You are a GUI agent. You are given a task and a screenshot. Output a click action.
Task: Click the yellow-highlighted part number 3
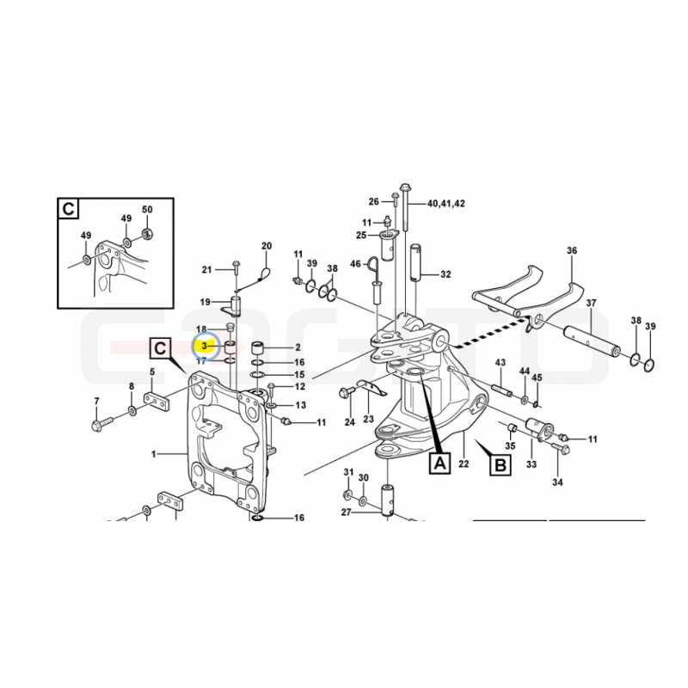[204, 347]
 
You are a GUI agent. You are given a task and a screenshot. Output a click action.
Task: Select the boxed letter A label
[439, 463]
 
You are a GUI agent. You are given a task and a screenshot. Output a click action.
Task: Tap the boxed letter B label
[501, 464]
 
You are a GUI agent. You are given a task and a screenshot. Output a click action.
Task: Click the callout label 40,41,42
[446, 204]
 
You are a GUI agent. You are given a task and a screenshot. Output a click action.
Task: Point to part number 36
[572, 250]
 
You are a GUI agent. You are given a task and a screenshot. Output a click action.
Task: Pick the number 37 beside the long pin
[591, 303]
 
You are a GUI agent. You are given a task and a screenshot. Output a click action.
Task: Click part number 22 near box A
[464, 464]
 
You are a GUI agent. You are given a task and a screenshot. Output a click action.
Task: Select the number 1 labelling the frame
[154, 454]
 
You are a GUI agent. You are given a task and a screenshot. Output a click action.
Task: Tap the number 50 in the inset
[147, 209]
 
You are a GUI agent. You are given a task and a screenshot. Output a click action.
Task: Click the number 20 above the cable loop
[267, 246]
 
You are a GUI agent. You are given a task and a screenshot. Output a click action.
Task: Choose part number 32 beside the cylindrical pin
[445, 274]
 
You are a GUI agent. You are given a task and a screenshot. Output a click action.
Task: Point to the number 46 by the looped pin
[355, 264]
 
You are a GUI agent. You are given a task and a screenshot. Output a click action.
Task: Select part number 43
[501, 362]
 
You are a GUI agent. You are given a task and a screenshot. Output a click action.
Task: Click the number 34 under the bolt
[557, 482]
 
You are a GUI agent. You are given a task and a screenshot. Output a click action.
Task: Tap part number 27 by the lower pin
[347, 512]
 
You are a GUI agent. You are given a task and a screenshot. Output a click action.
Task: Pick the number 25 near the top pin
[361, 235]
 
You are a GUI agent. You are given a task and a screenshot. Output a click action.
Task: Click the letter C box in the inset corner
[69, 209]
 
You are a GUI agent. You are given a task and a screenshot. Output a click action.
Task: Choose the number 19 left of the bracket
[206, 302]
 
